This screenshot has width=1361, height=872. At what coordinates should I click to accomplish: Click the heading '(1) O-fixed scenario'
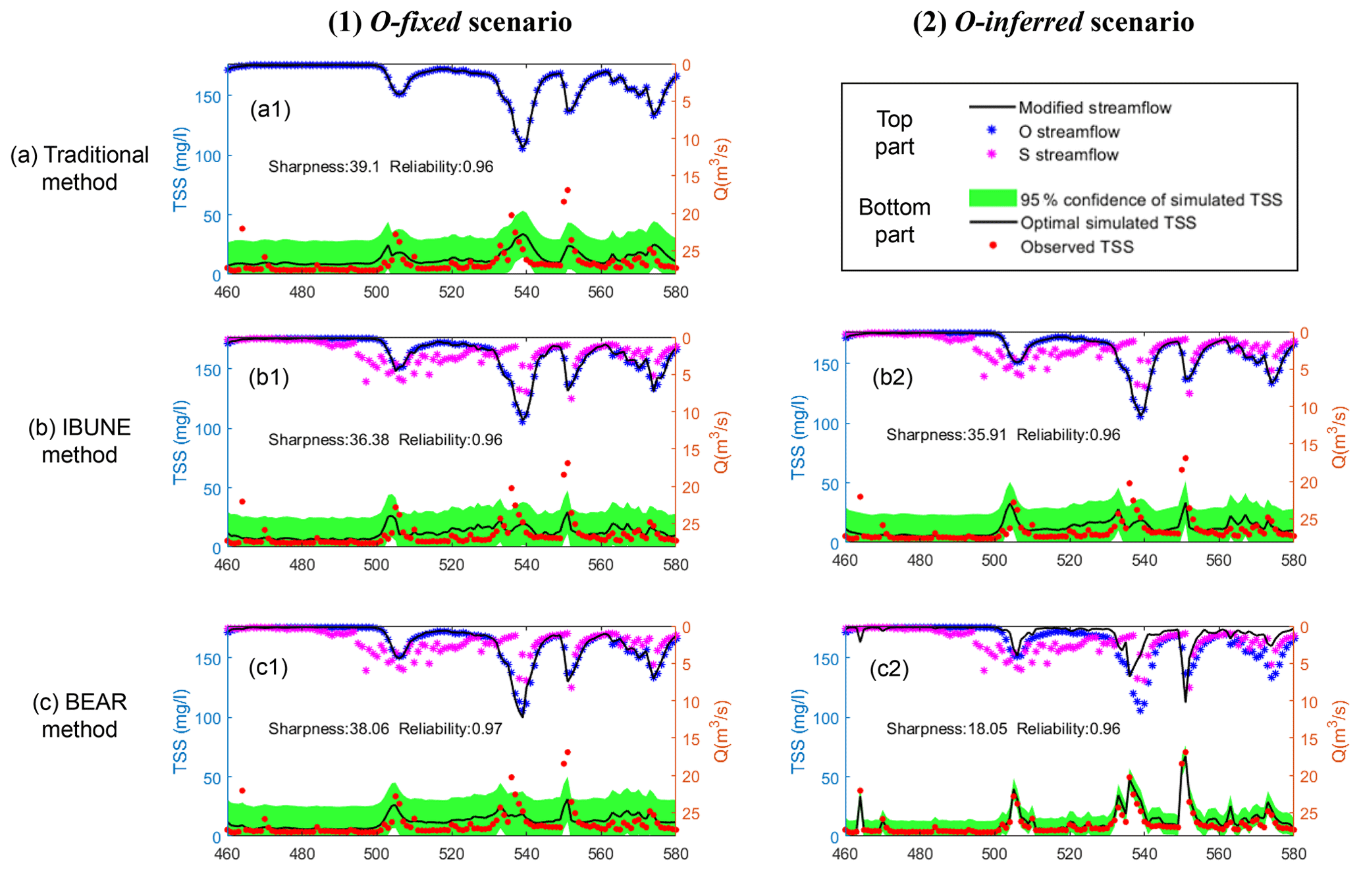click(450, 22)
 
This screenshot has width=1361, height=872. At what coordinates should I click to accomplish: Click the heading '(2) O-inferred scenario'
click(1053, 22)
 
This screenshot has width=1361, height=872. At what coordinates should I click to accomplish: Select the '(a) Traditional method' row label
click(79, 168)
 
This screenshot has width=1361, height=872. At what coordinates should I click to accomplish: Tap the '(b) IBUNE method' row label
click(79, 441)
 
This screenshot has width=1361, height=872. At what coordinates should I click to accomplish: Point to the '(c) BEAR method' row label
click(79, 715)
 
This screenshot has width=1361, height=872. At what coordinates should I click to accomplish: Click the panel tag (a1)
click(270, 109)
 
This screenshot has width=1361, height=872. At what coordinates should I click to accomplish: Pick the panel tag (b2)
click(892, 377)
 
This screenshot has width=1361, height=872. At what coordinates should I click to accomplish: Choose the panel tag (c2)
click(889, 669)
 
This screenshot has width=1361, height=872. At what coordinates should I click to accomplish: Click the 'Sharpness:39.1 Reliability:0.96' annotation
click(381, 167)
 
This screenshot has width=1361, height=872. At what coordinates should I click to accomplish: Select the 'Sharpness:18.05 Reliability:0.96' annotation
click(1003, 729)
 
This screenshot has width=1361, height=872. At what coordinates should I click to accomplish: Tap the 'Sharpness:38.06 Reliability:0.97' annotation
click(385, 729)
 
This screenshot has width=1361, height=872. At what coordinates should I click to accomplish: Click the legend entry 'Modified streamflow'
click(1094, 108)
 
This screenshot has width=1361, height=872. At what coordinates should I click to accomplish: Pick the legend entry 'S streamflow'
click(1068, 155)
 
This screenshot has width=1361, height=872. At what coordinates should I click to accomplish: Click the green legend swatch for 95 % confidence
click(992, 198)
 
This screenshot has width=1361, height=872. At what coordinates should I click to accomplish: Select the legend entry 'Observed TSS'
click(1077, 247)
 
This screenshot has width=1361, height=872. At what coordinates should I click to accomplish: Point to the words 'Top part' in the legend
click(894, 132)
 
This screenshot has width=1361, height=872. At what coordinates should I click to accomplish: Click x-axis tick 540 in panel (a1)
click(526, 292)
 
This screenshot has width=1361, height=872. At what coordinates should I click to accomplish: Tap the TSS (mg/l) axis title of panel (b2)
click(798, 437)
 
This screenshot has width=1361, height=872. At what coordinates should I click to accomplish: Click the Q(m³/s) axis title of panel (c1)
click(722, 731)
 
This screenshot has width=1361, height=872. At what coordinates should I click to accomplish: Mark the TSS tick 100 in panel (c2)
click(826, 719)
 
